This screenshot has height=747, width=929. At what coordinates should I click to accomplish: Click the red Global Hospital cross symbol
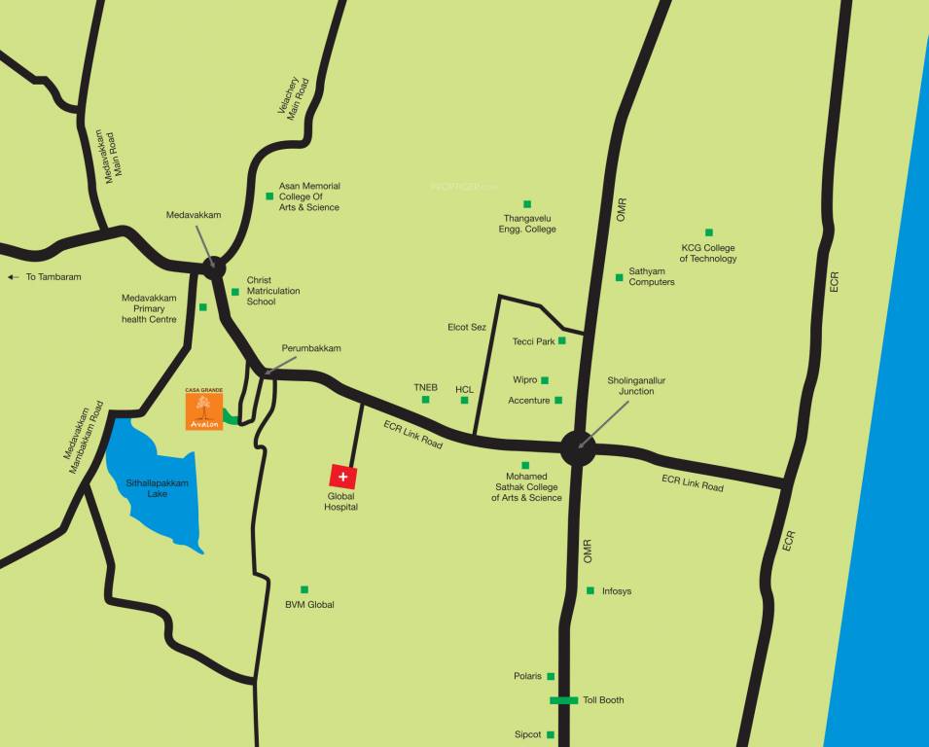(x=342, y=477)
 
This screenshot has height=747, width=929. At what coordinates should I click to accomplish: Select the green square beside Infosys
(x=590, y=590)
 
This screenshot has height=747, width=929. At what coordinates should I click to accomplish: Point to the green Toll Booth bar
(x=564, y=700)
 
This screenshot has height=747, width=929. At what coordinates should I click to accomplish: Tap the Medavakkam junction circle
(x=214, y=267)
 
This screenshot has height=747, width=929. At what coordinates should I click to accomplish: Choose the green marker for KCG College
(x=709, y=232)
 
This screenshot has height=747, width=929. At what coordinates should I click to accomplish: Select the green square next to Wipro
(x=545, y=380)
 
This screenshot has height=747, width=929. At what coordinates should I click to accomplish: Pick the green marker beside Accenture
(x=558, y=400)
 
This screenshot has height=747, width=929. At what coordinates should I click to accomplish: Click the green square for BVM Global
(x=304, y=589)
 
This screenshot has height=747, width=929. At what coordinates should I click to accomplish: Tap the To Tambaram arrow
(x=13, y=277)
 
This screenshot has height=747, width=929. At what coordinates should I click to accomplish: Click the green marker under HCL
(x=464, y=400)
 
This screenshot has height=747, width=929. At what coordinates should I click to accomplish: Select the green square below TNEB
(x=425, y=399)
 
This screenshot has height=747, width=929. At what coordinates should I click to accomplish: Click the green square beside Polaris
(x=551, y=676)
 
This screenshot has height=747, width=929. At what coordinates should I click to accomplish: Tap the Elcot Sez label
(x=467, y=327)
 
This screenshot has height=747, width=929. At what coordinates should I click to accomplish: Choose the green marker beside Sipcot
(x=551, y=734)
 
